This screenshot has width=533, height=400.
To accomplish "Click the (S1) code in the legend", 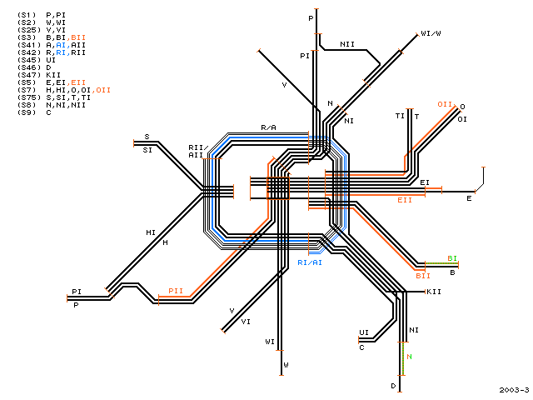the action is (27, 15).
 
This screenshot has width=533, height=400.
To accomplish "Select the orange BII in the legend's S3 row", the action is (78, 37).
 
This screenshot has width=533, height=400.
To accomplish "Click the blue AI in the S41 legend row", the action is (61, 45).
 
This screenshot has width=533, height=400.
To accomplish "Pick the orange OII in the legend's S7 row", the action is (103, 90).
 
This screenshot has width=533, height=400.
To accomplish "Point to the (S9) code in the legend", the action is (27, 112).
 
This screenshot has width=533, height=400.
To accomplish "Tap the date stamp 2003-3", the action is (515, 390).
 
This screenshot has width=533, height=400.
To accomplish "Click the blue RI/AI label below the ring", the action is (310, 262).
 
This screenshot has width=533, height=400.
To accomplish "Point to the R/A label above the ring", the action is (268, 127).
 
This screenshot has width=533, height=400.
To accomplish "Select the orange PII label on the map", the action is (176, 291).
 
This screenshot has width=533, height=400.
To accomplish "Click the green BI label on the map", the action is (452, 258).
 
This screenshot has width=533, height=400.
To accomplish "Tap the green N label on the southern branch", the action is (409, 357).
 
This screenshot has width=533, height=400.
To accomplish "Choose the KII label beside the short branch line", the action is (434, 292).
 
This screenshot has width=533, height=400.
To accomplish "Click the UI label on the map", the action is (364, 332).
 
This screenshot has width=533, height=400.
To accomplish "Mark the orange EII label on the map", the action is (405, 200).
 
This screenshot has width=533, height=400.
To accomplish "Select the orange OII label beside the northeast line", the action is (445, 104).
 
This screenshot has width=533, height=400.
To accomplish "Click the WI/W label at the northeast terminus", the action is (431, 33).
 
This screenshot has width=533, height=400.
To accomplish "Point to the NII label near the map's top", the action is (347, 44).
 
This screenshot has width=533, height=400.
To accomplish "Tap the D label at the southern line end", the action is (393, 386).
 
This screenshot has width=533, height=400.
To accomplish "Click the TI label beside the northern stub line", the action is (400, 116).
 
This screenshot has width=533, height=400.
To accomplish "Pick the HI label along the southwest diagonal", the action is (151, 232).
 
